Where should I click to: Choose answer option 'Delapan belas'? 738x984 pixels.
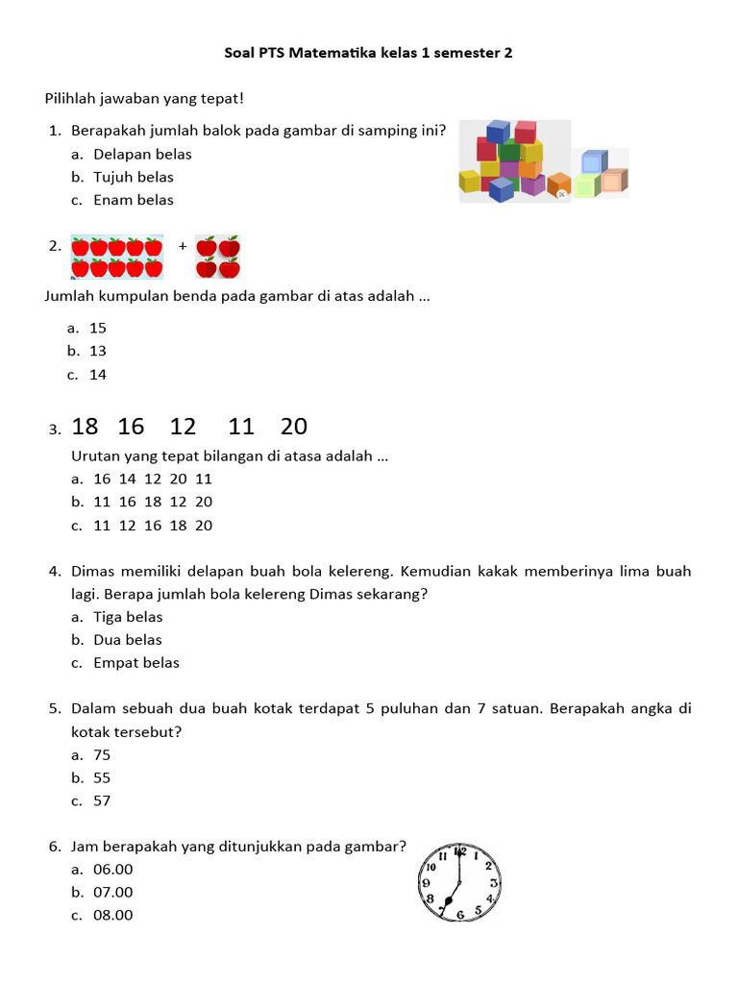142,154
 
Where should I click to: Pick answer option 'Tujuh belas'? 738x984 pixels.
134,177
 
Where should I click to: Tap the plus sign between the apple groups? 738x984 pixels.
183,246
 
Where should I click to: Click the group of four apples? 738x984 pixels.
217,258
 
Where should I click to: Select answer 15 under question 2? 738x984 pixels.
98,329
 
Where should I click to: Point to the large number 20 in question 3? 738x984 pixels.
294,427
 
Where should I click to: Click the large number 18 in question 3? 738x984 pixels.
85,427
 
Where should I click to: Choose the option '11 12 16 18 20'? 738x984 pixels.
153,526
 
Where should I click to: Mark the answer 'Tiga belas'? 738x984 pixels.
128,617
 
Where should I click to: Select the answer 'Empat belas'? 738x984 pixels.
136,663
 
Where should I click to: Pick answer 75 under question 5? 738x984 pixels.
102,755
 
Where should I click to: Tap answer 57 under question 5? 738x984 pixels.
102,801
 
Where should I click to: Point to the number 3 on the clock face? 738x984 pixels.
494,882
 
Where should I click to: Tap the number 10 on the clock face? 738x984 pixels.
430,867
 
